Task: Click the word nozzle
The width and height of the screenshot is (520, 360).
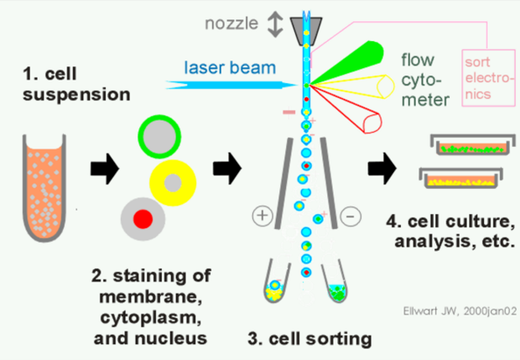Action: [x=231, y=23]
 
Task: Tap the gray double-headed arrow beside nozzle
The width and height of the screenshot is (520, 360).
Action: [x=275, y=24]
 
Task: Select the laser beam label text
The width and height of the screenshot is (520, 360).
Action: [x=230, y=67]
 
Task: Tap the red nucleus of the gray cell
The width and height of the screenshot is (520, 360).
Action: [x=143, y=219]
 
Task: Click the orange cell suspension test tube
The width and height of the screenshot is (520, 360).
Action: [x=44, y=187]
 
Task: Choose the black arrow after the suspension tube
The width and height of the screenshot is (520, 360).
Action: [x=105, y=169]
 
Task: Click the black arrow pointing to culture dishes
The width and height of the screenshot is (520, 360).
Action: [x=382, y=168]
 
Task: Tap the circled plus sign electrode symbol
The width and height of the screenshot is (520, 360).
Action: [x=263, y=216]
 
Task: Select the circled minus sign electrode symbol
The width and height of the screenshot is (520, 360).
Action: [x=351, y=217]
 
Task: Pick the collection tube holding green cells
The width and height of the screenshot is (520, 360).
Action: [x=335, y=282]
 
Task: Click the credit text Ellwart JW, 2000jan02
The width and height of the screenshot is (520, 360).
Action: [x=460, y=310]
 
